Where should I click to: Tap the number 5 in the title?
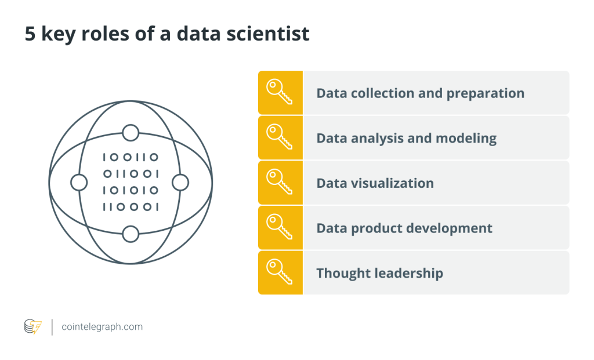coord(30,34)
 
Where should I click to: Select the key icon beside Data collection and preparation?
coord(280,92)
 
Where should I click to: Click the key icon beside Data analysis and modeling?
coord(280,137)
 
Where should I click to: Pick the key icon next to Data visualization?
coord(280,182)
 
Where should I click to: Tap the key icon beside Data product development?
coord(280,227)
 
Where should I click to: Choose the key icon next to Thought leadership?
coord(280,272)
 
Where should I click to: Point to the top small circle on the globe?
coord(131,133)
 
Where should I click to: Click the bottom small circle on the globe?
coord(131,234)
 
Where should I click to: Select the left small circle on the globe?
coord(79,183)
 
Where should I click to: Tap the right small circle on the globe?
coord(180,183)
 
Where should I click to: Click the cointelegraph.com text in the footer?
coord(102,327)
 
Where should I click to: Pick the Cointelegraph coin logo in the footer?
coord(33,327)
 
